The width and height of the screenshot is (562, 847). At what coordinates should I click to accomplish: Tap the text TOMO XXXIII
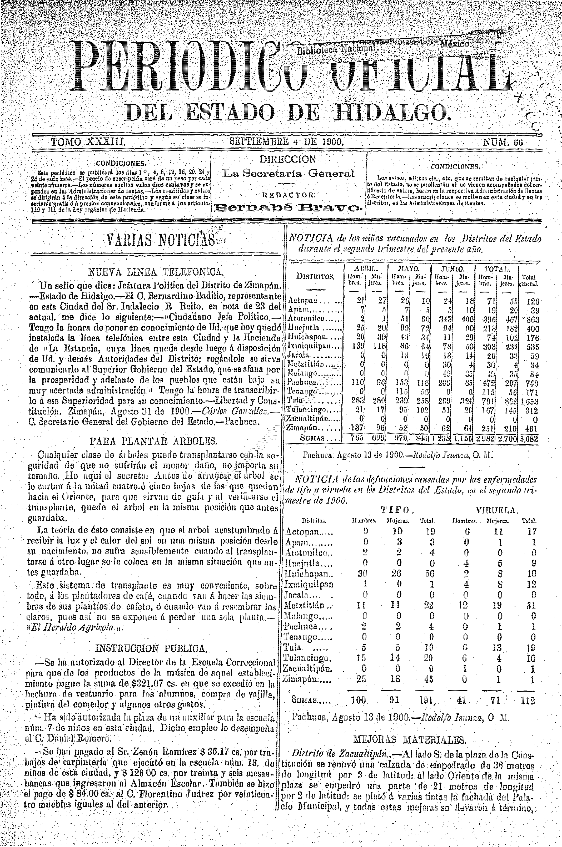pos(88,142)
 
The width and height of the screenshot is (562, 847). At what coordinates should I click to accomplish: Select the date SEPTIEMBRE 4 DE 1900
pos(286,141)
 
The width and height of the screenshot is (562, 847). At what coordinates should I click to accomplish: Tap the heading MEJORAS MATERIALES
pos(410,740)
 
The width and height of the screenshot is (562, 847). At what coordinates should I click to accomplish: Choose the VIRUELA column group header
pos(497,510)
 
